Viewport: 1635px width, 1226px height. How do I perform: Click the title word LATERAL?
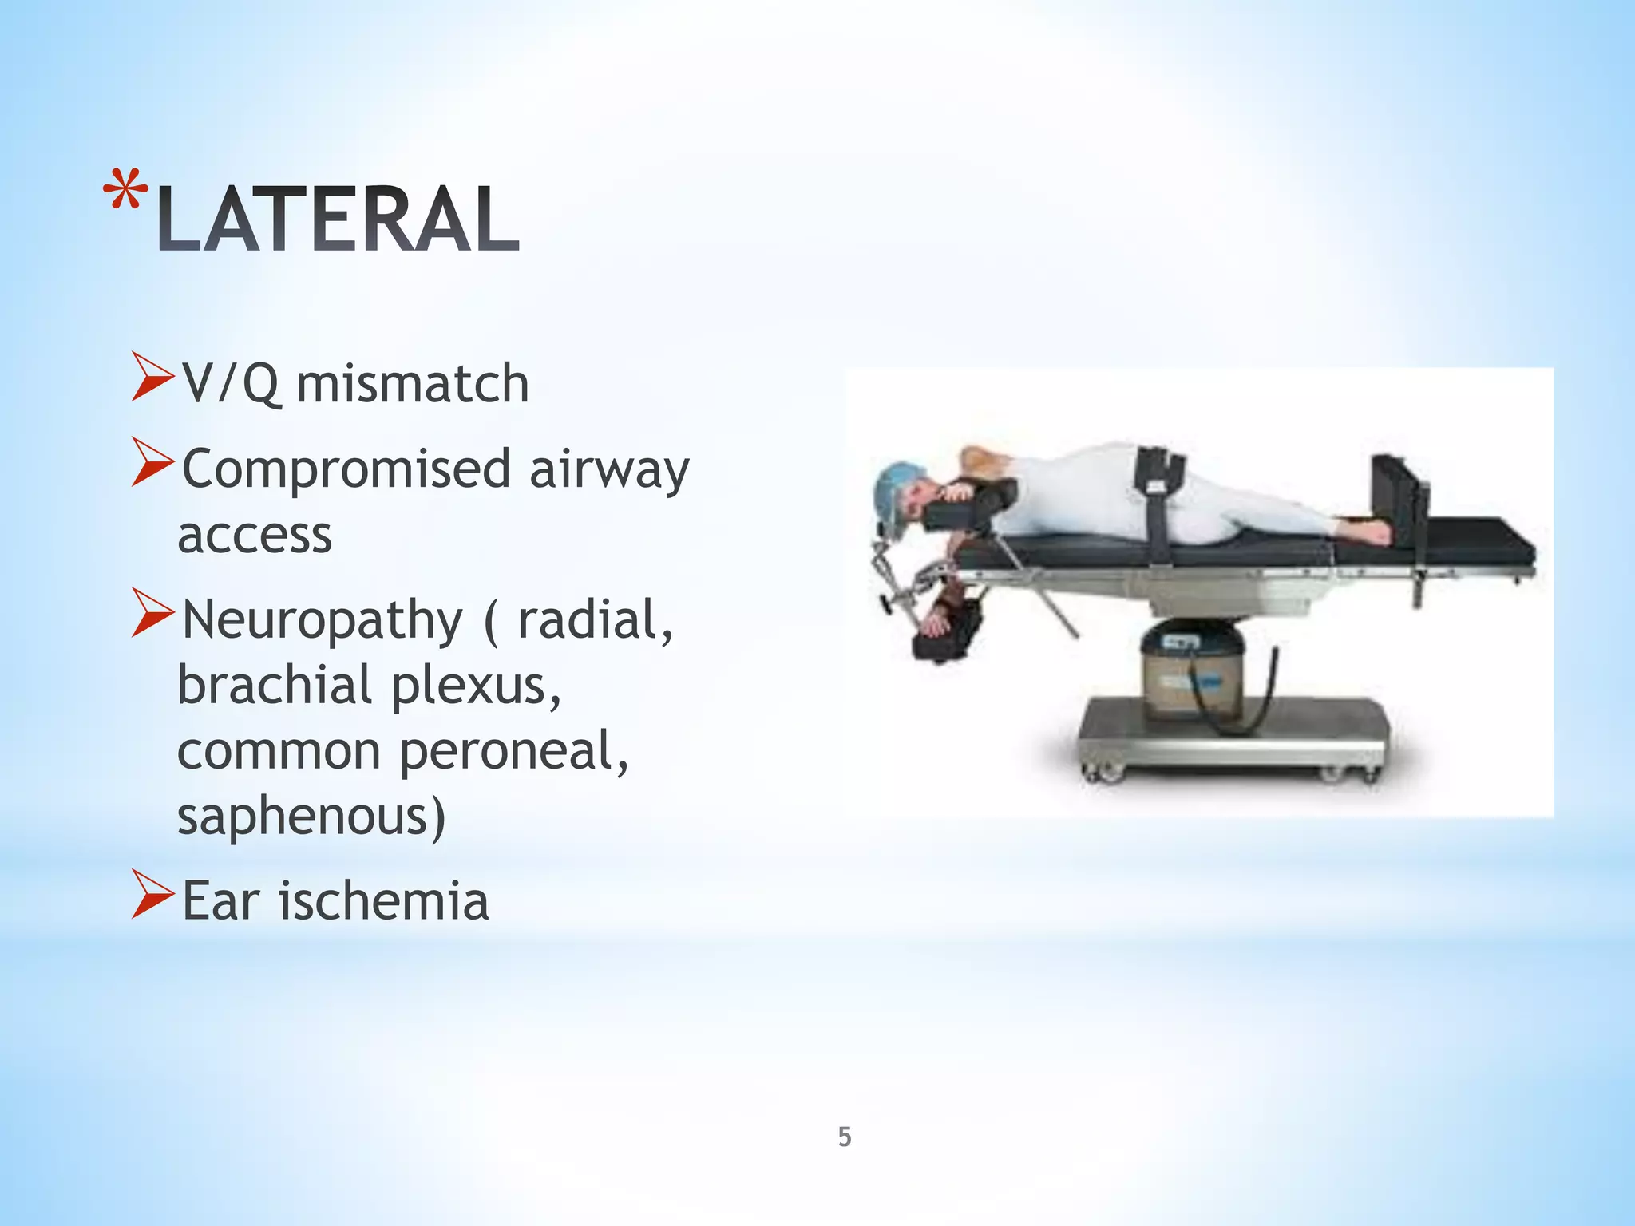pos(338,219)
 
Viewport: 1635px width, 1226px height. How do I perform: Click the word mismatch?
pos(412,384)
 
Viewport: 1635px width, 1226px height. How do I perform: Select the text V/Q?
pos(230,384)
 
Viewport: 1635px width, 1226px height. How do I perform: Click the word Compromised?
pos(346,469)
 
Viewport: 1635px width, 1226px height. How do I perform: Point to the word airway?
pos(609,471)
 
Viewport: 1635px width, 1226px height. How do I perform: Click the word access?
pos(254,535)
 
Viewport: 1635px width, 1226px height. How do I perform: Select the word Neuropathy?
pos(322,621)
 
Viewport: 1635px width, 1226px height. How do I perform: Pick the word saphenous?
pos(311,817)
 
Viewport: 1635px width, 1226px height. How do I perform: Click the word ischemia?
pos(383,901)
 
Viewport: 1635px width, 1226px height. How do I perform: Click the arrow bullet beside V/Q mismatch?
pos(152,378)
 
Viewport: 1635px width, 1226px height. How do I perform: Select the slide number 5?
pos(845,1137)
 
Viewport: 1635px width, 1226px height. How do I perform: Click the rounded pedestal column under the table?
pos(1188,662)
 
